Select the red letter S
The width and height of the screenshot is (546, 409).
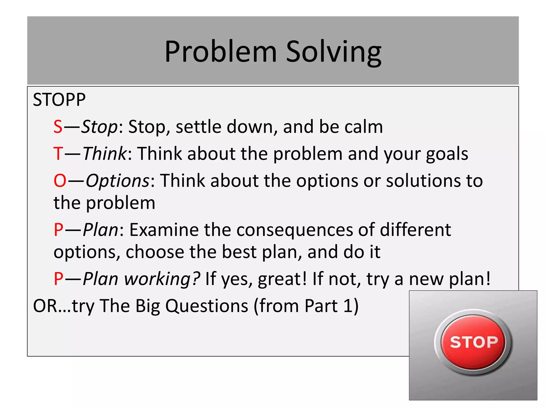[58, 127]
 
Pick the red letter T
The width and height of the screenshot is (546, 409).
[58, 154]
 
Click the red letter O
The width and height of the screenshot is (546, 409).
[60, 181]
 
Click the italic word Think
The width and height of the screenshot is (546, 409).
[105, 154]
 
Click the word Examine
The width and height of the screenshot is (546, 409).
[164, 230]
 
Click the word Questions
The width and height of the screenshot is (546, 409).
[207, 306]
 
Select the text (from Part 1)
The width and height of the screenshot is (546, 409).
[306, 306]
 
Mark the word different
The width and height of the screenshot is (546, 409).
[415, 230]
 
